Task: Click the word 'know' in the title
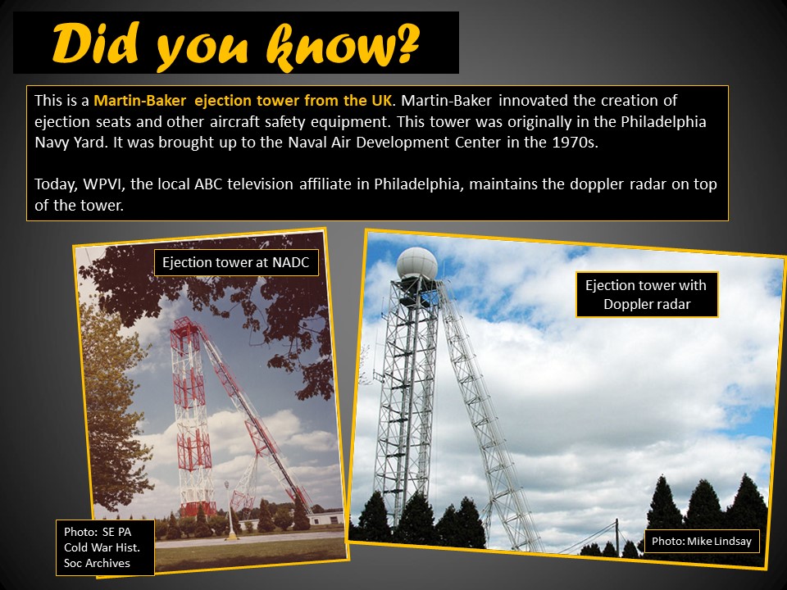click(x=328, y=47)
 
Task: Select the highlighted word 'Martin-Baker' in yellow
click(x=140, y=100)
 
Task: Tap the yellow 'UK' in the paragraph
click(x=381, y=100)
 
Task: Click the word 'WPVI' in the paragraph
click(x=103, y=184)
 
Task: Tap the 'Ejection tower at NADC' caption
click(x=236, y=262)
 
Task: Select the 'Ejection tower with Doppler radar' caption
click(x=647, y=294)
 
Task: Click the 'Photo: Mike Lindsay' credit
click(x=702, y=542)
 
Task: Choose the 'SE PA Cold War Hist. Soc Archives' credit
click(x=104, y=547)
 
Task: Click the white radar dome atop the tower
click(x=416, y=263)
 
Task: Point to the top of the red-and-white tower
click(x=186, y=321)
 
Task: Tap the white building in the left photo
click(x=325, y=518)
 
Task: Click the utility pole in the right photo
click(x=616, y=537)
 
